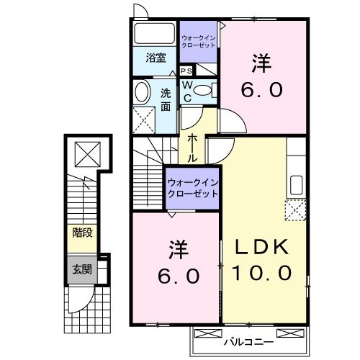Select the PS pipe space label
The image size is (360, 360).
(186, 71)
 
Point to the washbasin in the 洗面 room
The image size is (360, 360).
(141, 91)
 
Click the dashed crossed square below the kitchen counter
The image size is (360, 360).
(295, 210)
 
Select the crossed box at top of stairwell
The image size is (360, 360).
(87, 153)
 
